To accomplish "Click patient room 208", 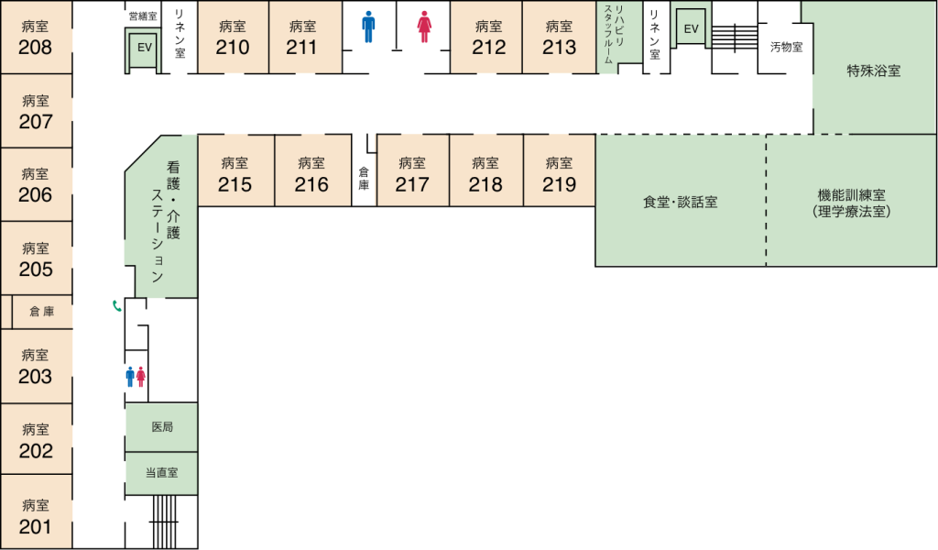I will pyautogui.click(x=36, y=38).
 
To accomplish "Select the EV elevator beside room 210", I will pyautogui.click(x=144, y=49).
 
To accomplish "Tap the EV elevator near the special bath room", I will pyautogui.click(x=691, y=28).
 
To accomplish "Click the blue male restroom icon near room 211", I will pyautogui.click(x=368, y=27).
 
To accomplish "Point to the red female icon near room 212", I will pyautogui.click(x=424, y=27).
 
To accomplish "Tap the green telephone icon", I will pyautogui.click(x=116, y=306).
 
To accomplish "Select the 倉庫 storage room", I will pyautogui.click(x=41, y=312).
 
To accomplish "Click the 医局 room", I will pyautogui.click(x=162, y=427).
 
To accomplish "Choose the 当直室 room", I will pyautogui.click(x=162, y=474).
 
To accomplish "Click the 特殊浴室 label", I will pyautogui.click(x=873, y=70).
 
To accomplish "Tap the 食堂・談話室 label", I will pyautogui.click(x=680, y=202).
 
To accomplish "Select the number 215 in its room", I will pyautogui.click(x=235, y=184).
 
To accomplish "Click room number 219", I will pyautogui.click(x=559, y=184).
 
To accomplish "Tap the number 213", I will pyautogui.click(x=559, y=47).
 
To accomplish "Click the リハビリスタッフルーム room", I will pyautogui.click(x=609, y=37).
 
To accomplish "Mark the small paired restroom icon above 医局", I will pyautogui.click(x=136, y=376).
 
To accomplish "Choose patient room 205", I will pyautogui.click(x=36, y=258).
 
